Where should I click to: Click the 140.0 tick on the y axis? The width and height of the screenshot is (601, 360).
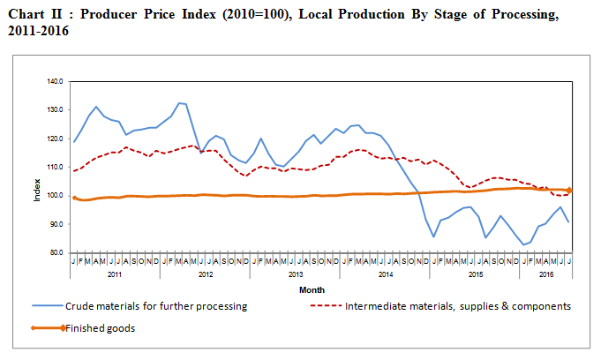(56, 81)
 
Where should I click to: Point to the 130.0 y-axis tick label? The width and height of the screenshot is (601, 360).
(56, 109)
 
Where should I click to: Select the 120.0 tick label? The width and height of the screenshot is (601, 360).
(56, 139)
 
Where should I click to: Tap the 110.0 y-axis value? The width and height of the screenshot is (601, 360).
(56, 167)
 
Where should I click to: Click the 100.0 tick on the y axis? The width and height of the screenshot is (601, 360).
(56, 195)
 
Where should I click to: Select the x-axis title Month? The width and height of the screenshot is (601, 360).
(311, 289)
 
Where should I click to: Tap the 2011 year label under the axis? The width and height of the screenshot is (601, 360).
(115, 275)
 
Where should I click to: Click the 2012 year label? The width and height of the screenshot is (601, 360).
(205, 275)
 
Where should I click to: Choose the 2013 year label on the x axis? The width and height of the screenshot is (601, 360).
(295, 275)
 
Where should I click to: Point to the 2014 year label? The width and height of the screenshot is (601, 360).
(385, 275)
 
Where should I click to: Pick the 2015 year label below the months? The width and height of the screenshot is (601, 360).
(475, 275)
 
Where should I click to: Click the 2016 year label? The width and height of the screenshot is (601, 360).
(546, 275)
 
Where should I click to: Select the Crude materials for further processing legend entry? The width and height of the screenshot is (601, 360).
(154, 306)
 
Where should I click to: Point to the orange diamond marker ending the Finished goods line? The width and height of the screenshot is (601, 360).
(570, 190)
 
